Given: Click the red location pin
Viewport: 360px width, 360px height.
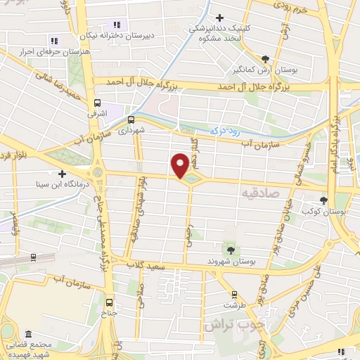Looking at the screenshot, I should pos(181,165).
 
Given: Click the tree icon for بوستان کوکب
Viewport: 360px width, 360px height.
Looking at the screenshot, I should pos(323,200).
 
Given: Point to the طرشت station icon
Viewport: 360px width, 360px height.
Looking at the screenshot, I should pos(234,295).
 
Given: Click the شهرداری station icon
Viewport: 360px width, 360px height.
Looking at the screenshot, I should pos(131,120).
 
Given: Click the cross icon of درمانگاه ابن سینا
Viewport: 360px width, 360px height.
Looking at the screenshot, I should pos(62,174).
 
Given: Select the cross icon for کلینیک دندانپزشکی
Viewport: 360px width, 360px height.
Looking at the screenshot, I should pos(219,18).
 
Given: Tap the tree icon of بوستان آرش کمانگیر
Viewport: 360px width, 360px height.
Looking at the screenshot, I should pos(264,59).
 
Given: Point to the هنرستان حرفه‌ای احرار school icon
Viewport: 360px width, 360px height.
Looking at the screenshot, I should pos(53,41).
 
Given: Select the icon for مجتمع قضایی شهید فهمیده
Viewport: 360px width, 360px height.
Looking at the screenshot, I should pos(28,333).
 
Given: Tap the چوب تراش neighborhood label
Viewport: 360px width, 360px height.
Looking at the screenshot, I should pos(229,325).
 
